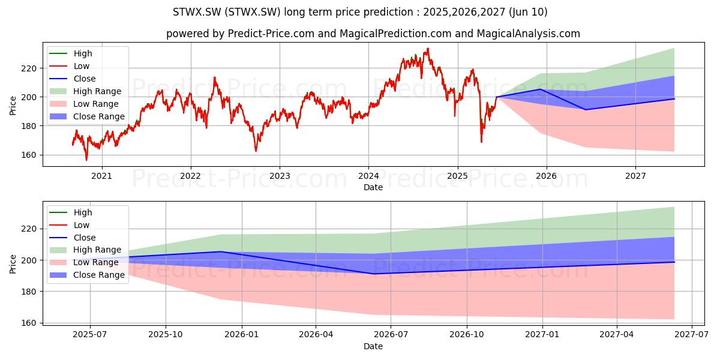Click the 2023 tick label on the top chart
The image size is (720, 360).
(280, 176)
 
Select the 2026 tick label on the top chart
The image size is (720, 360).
(547, 176)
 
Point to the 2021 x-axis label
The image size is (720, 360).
(102, 176)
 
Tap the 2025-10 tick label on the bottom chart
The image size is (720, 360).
(166, 335)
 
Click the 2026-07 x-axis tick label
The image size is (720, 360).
(391, 335)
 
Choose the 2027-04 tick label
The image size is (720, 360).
(617, 335)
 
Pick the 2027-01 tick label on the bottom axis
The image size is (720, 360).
(542, 335)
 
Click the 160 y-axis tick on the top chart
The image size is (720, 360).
(29, 155)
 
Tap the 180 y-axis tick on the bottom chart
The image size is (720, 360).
(29, 292)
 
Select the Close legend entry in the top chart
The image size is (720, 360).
(85, 79)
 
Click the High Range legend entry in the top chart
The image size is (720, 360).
(97, 91)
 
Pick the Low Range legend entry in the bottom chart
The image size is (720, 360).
(96, 262)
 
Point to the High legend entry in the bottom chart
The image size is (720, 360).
(83, 212)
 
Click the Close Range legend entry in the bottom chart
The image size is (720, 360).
(98, 275)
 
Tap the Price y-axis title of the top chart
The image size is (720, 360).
(13, 106)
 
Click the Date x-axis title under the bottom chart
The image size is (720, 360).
(373, 346)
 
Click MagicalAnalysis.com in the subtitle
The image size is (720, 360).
(529, 34)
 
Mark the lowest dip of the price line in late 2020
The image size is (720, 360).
(86, 160)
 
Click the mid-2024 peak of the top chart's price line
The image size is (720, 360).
(427, 49)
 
